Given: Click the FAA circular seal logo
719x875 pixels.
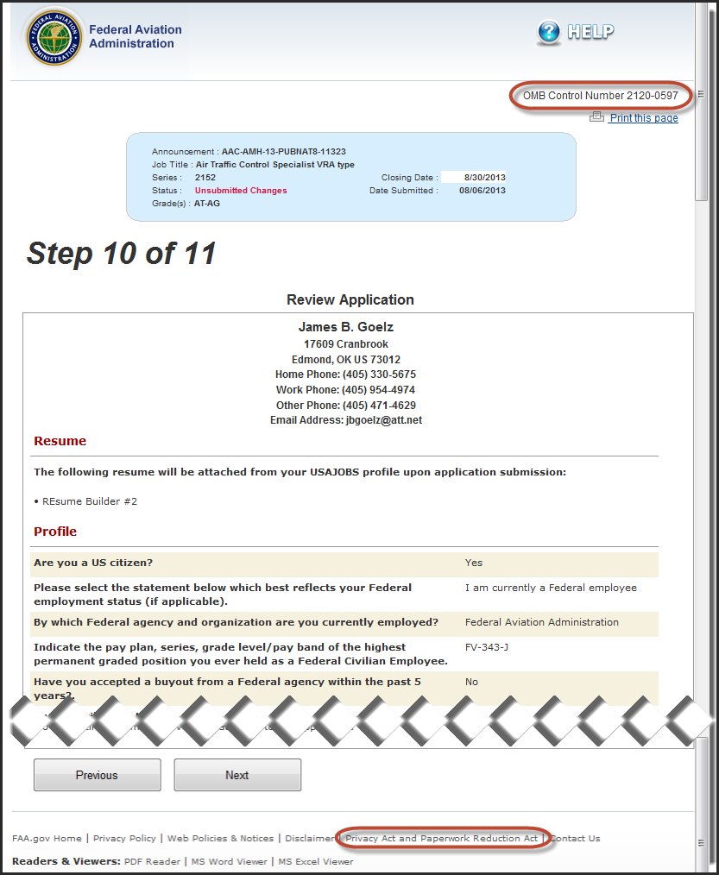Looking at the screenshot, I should click(x=54, y=38).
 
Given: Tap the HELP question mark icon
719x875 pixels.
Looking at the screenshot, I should click(x=549, y=33).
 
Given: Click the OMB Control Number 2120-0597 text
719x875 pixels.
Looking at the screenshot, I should click(x=601, y=96).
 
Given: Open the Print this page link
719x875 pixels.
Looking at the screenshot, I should click(x=643, y=118).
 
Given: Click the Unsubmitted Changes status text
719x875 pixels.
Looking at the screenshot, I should click(x=241, y=191).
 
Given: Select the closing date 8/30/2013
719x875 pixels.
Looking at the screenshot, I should click(x=484, y=178).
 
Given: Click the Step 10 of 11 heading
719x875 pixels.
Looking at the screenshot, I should click(x=121, y=254).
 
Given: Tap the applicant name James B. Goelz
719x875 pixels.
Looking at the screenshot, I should click(x=345, y=327).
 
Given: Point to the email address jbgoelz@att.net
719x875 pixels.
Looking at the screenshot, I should click(x=384, y=420).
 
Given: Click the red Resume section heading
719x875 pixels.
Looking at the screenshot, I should click(x=60, y=441).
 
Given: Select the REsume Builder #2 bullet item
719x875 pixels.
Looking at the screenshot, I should click(x=90, y=501).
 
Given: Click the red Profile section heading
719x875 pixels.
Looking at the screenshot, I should click(x=55, y=532).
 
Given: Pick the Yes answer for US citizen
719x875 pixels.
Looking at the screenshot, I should click(x=474, y=563).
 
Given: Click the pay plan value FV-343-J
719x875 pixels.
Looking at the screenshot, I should click(x=487, y=646).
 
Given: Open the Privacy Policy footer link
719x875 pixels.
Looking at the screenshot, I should click(x=124, y=838).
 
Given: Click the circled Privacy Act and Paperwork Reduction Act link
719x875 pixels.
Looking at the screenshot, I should click(x=441, y=838).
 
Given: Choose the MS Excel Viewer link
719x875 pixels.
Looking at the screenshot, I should click(x=315, y=861).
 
